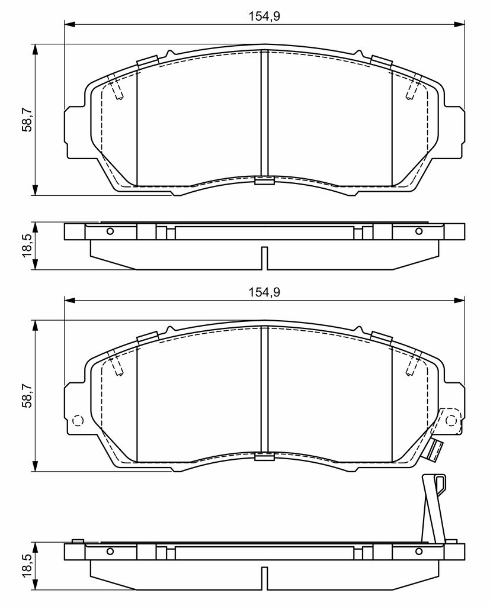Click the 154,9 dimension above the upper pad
tap(264, 16)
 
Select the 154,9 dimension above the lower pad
tap(264, 292)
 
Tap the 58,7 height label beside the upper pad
tap(27, 120)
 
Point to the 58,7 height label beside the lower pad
tap(27, 395)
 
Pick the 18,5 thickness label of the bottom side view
tap(27, 566)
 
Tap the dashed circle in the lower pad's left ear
tap(78, 420)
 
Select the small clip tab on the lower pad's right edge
tap(435, 450)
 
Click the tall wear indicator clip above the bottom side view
tap(434, 508)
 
